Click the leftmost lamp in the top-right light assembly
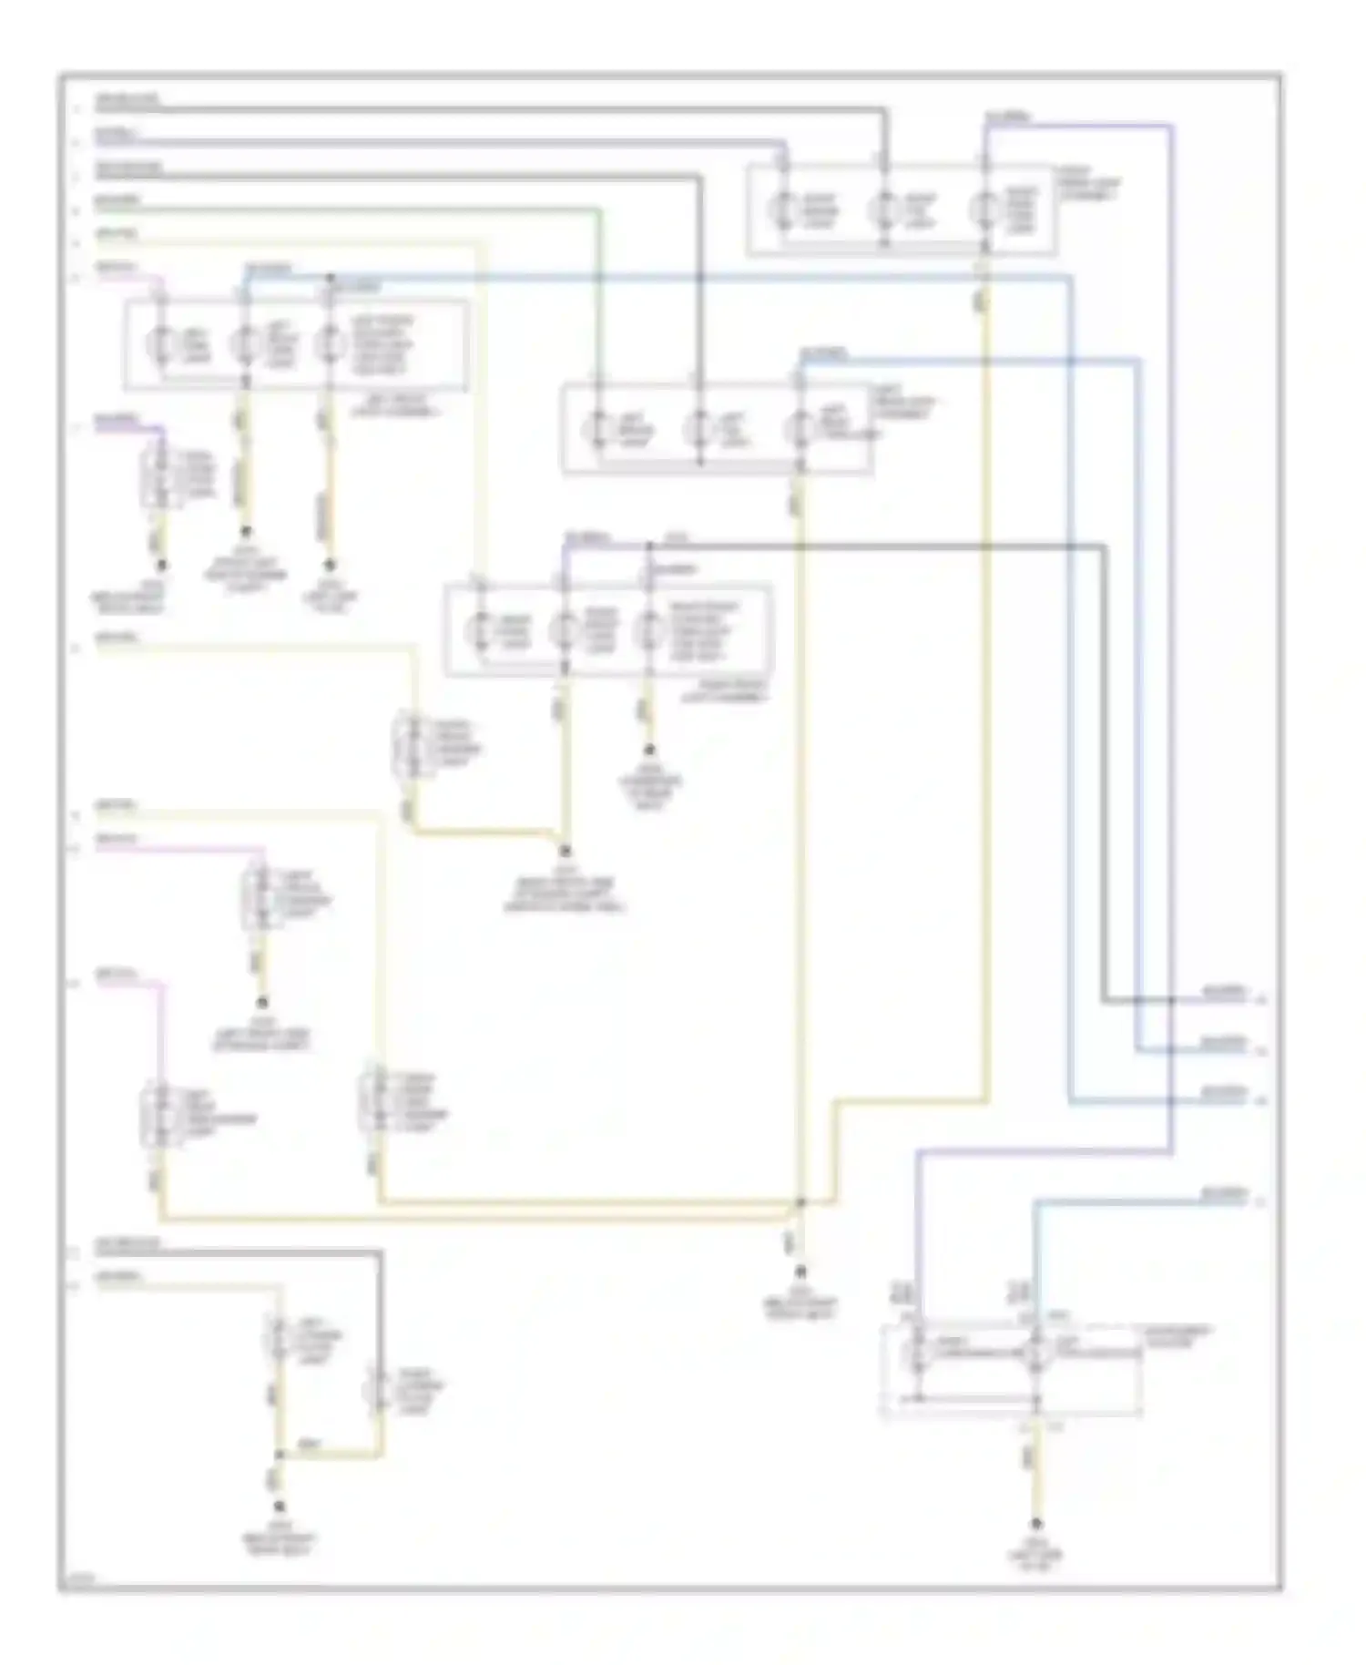pyautogui.click(x=783, y=211)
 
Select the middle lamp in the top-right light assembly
pyautogui.click(x=883, y=211)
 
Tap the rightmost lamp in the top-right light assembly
pyautogui.click(x=984, y=211)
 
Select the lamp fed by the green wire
pyautogui.click(x=598, y=428)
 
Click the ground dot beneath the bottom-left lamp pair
pyautogui.click(x=280, y=1507)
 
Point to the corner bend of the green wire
pyautogui.click(x=598, y=210)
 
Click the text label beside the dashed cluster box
pyautogui.click(x=1177, y=1336)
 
